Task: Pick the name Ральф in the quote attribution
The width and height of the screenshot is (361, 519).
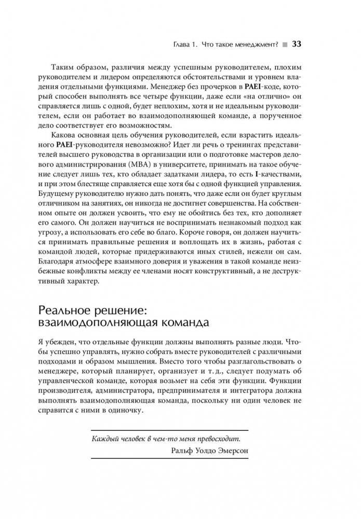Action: [x=182, y=451]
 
